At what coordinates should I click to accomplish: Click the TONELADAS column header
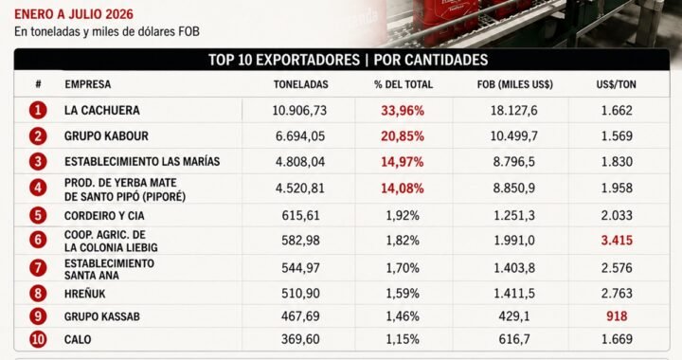[x=300, y=84]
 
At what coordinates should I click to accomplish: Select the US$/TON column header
[x=616, y=84]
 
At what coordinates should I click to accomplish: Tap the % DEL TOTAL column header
[x=404, y=84]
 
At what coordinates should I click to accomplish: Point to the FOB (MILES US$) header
[x=515, y=84]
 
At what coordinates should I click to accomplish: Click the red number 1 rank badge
[x=38, y=110]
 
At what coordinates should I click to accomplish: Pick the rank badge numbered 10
[x=38, y=339]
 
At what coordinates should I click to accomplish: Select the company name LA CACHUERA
[x=101, y=111]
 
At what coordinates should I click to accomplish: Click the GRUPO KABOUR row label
[x=106, y=136]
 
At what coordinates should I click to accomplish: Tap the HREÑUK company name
[x=85, y=294]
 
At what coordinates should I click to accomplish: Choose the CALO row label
[x=78, y=339]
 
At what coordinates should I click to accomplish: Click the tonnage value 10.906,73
[x=299, y=111]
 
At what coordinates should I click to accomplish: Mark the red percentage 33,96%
[x=403, y=111]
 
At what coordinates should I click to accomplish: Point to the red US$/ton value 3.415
[x=617, y=240]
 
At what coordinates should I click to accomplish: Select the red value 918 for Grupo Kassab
[x=617, y=316]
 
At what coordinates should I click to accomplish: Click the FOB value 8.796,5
[x=514, y=162]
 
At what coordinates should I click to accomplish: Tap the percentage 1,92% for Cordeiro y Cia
[x=403, y=215]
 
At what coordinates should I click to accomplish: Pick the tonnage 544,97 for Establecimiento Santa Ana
[x=300, y=268]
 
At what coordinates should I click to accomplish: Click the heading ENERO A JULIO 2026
[x=74, y=14]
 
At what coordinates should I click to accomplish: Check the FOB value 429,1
[x=514, y=316]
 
